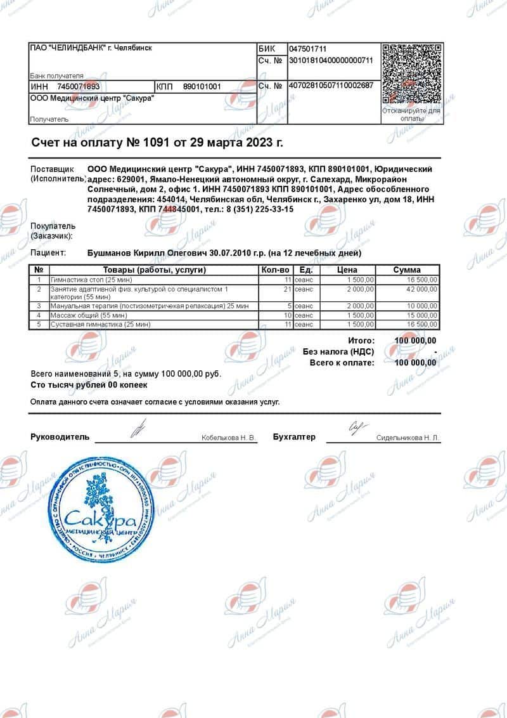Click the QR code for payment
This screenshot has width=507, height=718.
point(411,74)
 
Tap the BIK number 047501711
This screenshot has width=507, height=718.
point(307,49)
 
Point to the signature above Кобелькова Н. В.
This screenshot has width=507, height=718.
point(135,429)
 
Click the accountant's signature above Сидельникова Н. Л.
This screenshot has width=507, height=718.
point(356,428)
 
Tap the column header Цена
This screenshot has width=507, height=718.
point(347,270)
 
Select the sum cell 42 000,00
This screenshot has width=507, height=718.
point(420,289)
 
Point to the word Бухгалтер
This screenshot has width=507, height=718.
point(294,437)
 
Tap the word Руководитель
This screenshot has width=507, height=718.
point(60,437)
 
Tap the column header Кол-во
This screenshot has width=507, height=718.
point(275,270)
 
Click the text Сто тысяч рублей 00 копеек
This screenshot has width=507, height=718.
point(89,385)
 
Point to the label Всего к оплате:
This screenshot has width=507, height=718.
point(342,363)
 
